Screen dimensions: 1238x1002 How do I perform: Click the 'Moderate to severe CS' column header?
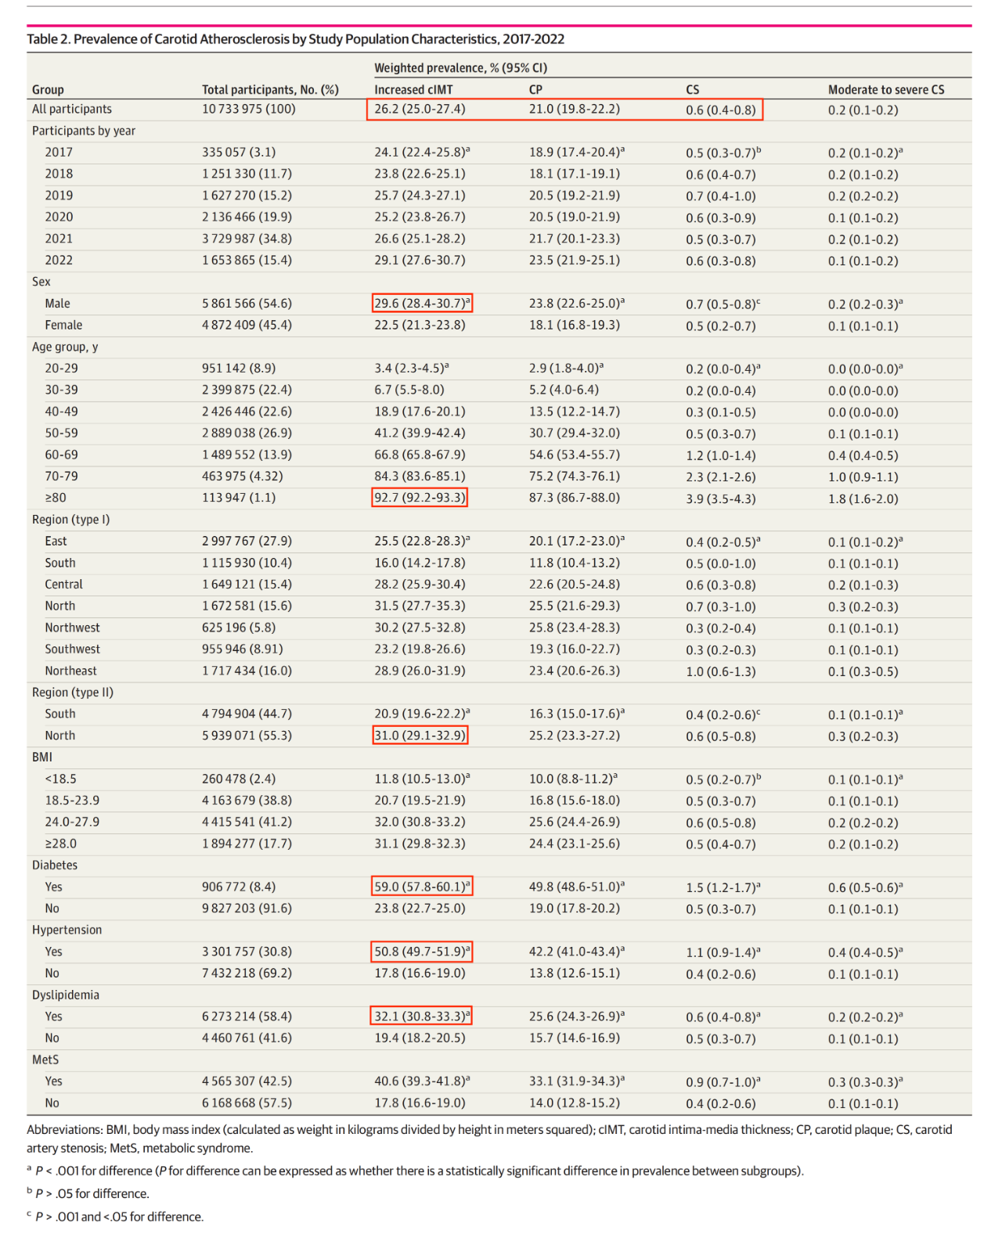pos(886,89)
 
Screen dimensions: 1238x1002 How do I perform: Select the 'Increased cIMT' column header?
pos(413,89)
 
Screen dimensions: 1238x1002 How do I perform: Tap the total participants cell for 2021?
pos(247,239)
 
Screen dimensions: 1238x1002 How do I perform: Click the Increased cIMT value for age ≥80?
pos(420,498)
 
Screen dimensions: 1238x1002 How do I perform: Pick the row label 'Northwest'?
pos(72,628)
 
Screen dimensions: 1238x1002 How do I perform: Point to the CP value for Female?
pos(574,325)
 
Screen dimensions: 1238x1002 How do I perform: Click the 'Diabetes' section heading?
pos(55,865)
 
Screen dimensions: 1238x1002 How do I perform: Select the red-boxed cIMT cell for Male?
pos(422,303)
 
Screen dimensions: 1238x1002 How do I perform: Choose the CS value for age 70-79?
pos(720,477)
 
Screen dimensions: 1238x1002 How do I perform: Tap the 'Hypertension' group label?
pos(67,930)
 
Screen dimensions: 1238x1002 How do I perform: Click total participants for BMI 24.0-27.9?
pos(247,822)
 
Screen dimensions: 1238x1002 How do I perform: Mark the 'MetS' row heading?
pos(45,1060)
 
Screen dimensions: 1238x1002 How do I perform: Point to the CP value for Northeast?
pos(574,671)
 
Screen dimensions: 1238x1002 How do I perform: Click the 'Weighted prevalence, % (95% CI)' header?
pos(460,67)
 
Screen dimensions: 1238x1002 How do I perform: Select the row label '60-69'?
pos(61,455)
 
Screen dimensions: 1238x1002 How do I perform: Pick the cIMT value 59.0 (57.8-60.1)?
pos(422,887)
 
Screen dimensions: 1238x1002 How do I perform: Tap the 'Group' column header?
pos(48,89)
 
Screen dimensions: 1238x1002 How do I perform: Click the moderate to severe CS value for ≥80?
pos(863,498)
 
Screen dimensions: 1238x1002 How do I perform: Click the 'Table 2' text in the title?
pos(48,39)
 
